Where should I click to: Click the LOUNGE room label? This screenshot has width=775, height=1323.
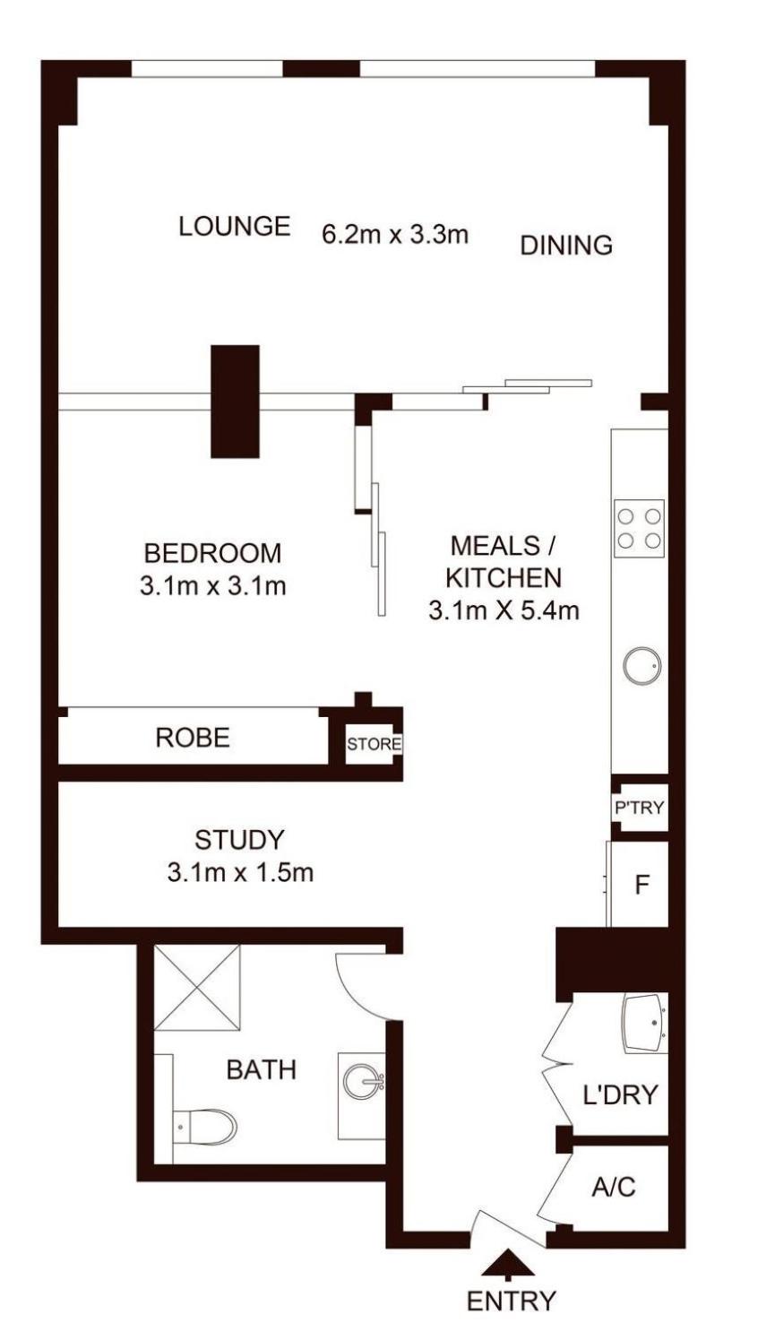point(235,226)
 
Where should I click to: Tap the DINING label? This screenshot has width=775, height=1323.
point(566,245)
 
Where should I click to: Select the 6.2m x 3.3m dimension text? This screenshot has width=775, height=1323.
point(395,235)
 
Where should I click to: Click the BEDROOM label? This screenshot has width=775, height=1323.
point(212,553)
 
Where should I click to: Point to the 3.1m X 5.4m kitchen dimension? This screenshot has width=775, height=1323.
point(504,610)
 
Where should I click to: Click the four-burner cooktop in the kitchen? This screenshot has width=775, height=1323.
point(639,528)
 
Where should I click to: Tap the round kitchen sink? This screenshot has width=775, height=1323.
point(642,666)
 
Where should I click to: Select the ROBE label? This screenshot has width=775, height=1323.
point(193,738)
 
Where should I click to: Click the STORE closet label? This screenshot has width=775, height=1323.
point(374,744)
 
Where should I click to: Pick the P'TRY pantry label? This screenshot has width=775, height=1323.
point(639,808)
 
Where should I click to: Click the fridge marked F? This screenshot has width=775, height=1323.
point(641,885)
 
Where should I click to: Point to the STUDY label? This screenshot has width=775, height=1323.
point(239,840)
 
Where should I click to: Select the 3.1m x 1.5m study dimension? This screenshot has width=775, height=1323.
point(240,872)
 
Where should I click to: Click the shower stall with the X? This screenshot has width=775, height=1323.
point(197,988)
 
